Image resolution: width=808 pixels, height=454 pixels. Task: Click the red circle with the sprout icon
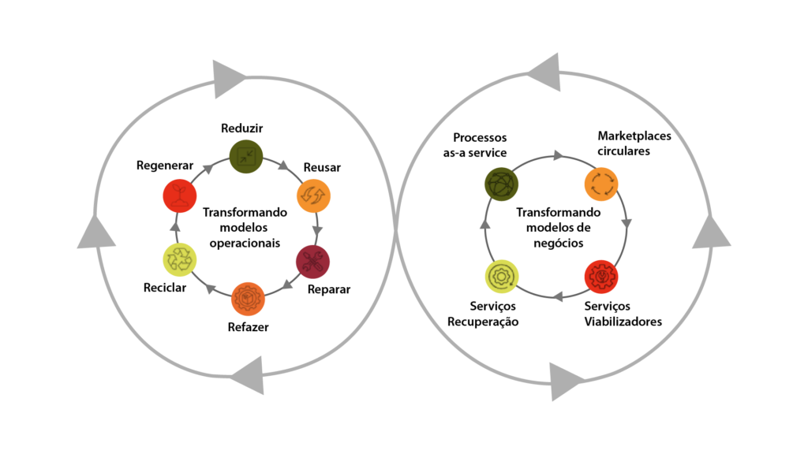click(180, 195)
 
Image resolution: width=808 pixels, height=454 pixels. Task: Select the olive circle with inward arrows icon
click(246, 156)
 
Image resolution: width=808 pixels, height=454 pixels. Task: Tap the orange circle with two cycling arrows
click(313, 195)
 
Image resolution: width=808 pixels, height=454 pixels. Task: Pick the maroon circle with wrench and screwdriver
click(312, 262)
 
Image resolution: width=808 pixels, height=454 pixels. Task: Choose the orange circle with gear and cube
click(248, 299)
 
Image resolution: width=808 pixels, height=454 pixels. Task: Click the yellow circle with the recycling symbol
click(180, 259)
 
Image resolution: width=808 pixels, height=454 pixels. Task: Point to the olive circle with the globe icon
click(501, 184)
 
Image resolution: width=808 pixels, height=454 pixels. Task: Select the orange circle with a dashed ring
click(601, 184)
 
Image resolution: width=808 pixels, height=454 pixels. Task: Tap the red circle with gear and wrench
click(601, 277)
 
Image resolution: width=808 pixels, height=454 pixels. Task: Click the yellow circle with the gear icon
click(501, 276)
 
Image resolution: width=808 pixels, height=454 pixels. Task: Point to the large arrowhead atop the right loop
click(545, 72)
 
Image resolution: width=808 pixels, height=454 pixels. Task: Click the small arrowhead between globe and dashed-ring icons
click(558, 155)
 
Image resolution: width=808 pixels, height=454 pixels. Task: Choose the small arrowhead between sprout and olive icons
click(208, 169)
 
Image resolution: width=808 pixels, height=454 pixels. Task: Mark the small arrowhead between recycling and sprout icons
click(175, 228)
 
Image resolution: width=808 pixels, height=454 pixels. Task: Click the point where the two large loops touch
click(395, 226)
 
